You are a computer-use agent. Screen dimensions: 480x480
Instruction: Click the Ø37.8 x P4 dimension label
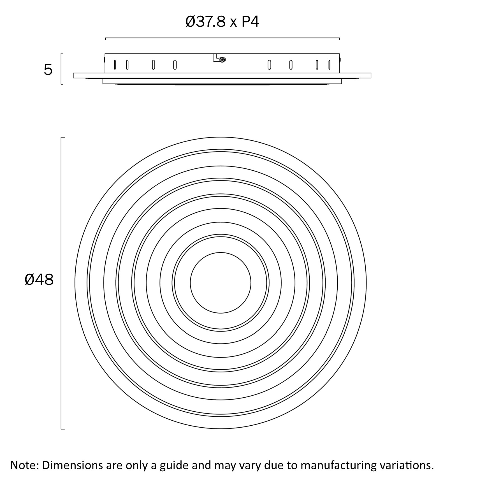pos(222,22)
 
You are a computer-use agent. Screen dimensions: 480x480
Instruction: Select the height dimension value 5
pos(48,70)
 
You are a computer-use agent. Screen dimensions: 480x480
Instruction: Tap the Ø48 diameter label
pos(39,280)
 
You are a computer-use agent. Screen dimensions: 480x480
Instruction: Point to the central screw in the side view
pos(222,60)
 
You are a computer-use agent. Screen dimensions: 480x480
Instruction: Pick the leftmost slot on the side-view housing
pos(115,65)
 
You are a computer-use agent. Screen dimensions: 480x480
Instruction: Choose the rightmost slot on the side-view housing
pos(329,65)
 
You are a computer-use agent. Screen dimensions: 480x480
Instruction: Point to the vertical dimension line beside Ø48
pos(61,283)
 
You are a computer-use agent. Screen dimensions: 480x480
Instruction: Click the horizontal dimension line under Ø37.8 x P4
pos(222,38)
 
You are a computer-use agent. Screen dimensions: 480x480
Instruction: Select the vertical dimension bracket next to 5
pos(61,69)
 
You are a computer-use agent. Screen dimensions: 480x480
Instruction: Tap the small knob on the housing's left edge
pos(104,59)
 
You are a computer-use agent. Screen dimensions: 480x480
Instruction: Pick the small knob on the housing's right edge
pos(340,59)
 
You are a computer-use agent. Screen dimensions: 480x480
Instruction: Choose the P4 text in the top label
pos(250,22)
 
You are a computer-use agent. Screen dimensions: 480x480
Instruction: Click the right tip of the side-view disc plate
pos(370,75)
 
